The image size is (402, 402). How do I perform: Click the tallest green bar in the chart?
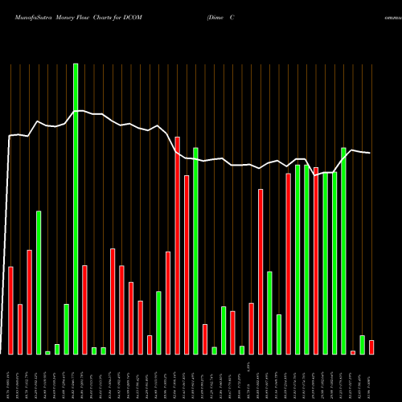point(76,209)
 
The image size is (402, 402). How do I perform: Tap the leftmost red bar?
point(10,310)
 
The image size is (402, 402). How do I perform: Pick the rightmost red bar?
point(371,347)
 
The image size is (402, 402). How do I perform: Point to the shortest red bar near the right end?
point(353,352)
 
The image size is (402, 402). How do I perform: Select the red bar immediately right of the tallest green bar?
point(84,310)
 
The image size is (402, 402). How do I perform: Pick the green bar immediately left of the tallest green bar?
point(66,329)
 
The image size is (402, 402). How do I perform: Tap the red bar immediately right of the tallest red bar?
point(187,265)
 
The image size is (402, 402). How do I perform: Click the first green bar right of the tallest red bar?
point(195,251)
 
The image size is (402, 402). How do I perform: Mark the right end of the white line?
point(370,153)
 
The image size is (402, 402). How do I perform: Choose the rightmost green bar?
point(362,344)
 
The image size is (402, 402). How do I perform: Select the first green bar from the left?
point(38,282)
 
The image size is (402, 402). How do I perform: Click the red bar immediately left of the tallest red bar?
point(168,302)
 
